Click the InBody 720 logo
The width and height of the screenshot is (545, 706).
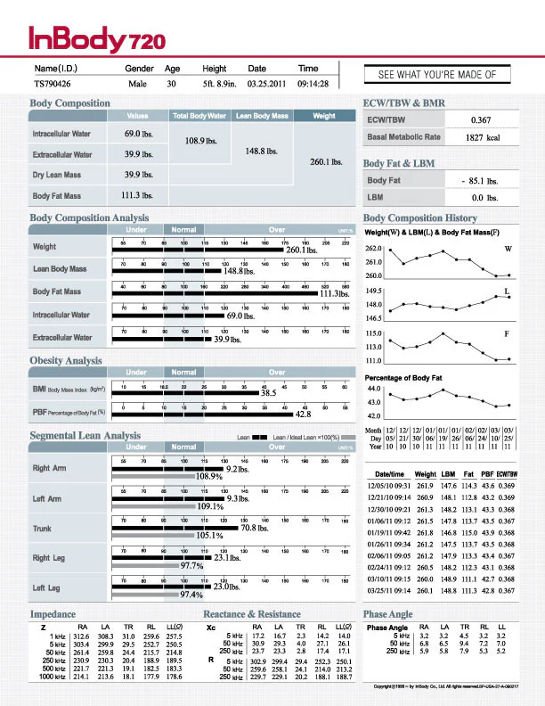click(85, 38)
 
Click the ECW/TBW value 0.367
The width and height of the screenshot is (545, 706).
click(481, 119)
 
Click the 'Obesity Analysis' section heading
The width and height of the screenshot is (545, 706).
click(66, 360)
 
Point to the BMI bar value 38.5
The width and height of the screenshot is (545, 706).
click(268, 392)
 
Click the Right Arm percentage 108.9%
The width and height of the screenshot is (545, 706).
click(208, 477)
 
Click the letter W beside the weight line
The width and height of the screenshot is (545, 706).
click(508, 249)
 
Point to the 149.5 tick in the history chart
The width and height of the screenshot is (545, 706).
click(373, 291)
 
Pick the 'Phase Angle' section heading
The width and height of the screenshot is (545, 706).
click(387, 614)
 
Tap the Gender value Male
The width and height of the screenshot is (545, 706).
click(137, 85)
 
